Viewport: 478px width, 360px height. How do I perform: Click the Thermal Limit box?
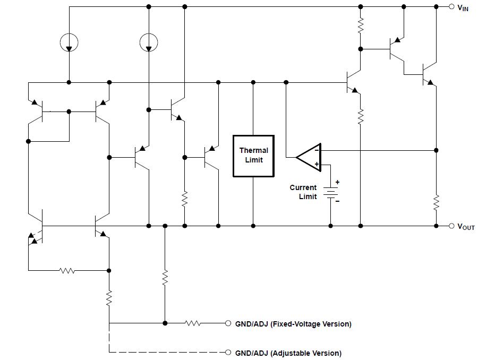(x=254, y=156)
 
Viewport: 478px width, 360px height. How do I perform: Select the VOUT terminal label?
(x=466, y=227)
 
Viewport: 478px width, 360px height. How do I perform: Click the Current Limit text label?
(x=303, y=192)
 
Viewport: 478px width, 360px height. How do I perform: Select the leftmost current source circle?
(x=69, y=41)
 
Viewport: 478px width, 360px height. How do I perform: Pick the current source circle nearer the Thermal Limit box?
(x=149, y=41)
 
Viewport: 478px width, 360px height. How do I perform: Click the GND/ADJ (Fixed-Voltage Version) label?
(x=293, y=323)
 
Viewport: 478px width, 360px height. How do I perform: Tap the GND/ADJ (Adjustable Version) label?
(x=288, y=353)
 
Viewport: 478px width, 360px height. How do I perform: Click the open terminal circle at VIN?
(x=451, y=7)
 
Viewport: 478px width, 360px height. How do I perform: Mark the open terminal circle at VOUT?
(x=451, y=226)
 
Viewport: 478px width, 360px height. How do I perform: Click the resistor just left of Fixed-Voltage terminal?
(x=193, y=323)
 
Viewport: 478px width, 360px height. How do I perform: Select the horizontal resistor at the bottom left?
(x=67, y=270)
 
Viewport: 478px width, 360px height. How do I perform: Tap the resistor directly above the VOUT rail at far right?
(x=436, y=202)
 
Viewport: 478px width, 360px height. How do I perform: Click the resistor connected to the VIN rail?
(x=361, y=24)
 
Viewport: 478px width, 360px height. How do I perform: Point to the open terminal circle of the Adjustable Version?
(x=228, y=353)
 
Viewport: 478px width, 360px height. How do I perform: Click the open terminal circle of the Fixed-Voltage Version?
(x=228, y=323)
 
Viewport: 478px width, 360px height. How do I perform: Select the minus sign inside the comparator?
(x=317, y=150)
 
